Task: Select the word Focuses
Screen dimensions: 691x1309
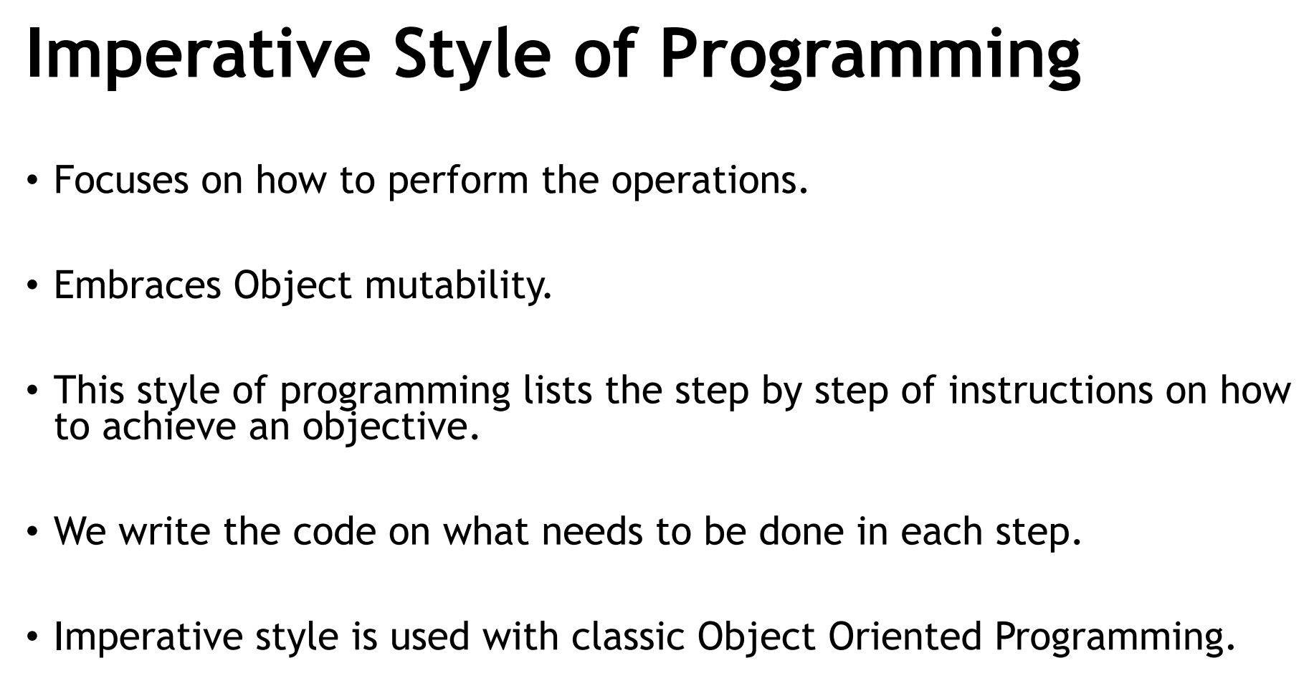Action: point(121,179)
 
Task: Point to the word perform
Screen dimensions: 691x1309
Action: point(458,181)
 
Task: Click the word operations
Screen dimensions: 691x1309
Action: point(709,181)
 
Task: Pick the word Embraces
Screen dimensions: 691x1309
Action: point(138,285)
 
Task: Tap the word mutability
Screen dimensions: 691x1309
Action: point(458,286)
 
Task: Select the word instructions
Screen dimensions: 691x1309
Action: point(1051,390)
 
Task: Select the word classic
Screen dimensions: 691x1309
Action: point(628,637)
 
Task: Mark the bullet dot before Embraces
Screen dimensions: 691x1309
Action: point(32,286)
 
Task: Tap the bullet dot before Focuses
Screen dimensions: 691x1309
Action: point(32,181)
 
